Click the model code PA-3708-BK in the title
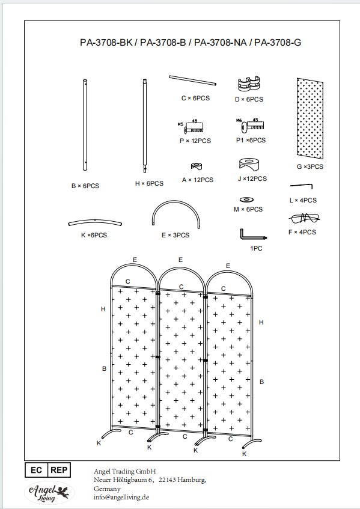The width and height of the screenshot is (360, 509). (x=106, y=43)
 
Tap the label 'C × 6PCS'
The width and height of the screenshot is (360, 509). (x=195, y=98)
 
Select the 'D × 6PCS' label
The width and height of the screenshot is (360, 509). (x=249, y=99)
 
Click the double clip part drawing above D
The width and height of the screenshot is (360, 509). (x=249, y=84)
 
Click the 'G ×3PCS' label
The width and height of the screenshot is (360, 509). (x=310, y=166)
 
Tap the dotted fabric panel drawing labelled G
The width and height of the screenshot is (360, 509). (x=310, y=118)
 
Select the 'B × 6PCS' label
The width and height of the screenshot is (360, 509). (x=85, y=186)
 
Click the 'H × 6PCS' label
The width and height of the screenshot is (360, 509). (x=149, y=183)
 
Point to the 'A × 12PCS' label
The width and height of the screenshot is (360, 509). (x=198, y=180)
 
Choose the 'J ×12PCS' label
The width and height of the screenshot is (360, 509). (x=252, y=178)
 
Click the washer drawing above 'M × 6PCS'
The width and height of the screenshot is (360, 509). (x=246, y=200)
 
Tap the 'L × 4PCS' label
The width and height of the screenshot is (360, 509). (x=303, y=200)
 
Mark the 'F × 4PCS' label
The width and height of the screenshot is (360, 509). (x=302, y=232)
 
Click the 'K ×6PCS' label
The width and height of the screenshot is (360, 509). (x=94, y=235)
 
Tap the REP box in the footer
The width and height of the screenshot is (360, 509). (x=59, y=470)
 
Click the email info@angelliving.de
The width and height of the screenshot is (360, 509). (x=121, y=498)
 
